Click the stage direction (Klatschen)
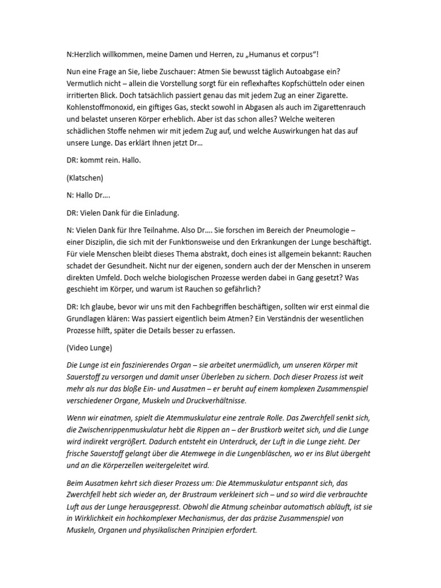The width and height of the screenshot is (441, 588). (x=85, y=177)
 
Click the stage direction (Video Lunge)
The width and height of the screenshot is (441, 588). (x=91, y=347)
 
